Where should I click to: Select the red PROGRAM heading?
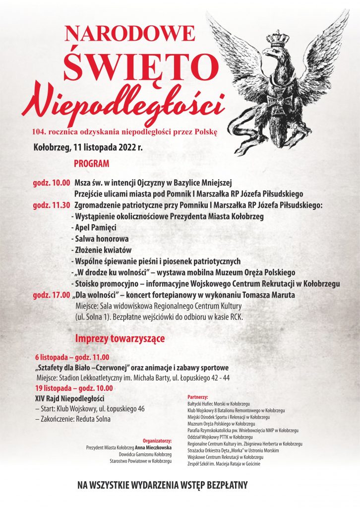[92, 163]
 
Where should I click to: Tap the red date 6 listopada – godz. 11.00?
[72, 357]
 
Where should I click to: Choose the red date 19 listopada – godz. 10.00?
[74, 388]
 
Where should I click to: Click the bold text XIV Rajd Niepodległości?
[69, 398]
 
